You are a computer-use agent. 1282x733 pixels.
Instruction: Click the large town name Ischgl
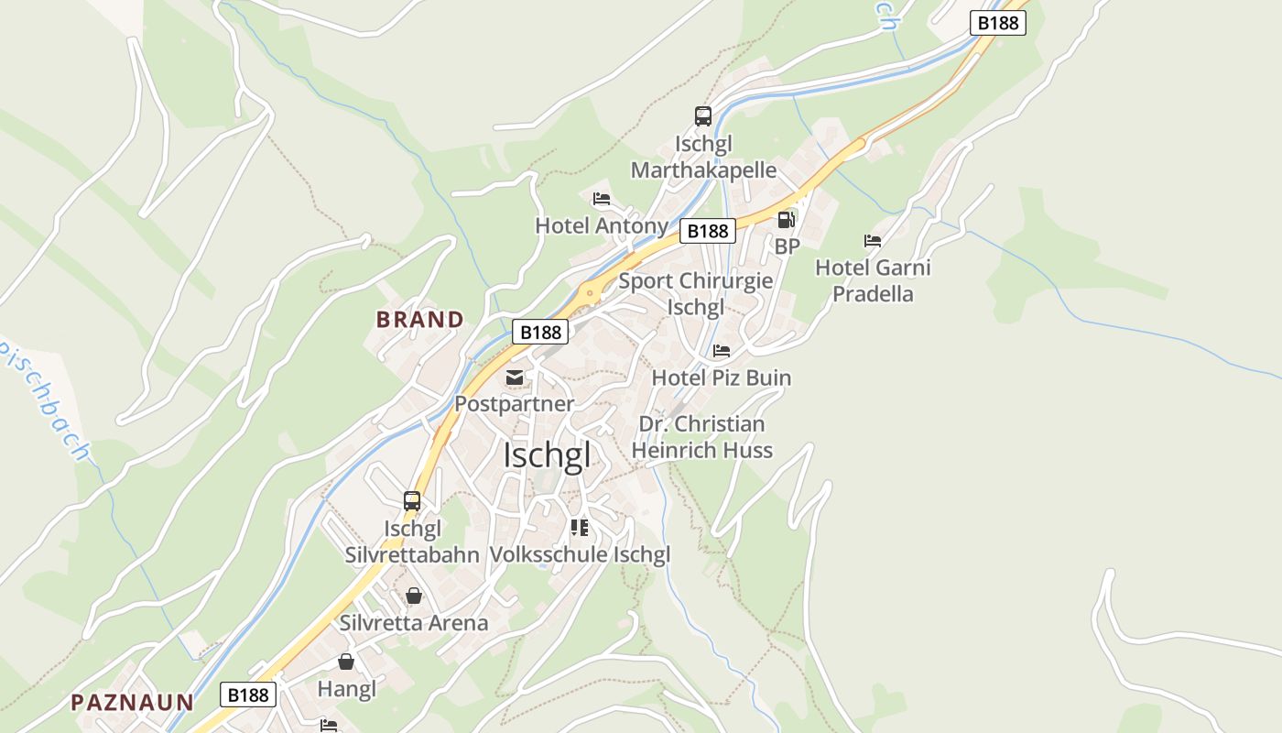547,455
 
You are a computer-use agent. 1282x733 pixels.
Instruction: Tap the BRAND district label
420,320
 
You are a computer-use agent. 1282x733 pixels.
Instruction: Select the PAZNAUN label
133,703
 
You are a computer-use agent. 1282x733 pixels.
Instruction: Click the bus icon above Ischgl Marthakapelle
703,116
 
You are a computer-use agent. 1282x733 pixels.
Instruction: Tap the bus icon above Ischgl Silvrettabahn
412,501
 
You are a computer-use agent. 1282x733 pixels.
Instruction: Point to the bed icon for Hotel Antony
602,198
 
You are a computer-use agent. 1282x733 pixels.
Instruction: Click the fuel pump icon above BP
786,220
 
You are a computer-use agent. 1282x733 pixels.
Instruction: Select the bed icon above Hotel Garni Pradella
873,241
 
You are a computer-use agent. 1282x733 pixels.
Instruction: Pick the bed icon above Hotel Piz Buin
722,351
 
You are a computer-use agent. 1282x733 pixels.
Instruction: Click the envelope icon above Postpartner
515,377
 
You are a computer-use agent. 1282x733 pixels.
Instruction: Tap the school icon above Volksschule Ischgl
579,527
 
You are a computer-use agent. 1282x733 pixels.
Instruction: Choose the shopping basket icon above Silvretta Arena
414,596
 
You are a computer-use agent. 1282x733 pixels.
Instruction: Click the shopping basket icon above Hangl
346,661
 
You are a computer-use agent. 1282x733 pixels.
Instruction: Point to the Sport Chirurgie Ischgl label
696,293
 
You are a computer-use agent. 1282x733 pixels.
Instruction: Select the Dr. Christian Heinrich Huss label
701,437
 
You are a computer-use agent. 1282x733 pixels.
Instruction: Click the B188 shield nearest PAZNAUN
248,695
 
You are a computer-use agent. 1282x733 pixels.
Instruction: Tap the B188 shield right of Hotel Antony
707,231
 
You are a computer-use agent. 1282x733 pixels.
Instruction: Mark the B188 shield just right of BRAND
539,332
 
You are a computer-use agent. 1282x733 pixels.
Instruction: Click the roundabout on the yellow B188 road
590,294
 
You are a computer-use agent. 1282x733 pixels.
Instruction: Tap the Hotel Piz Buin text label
722,377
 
